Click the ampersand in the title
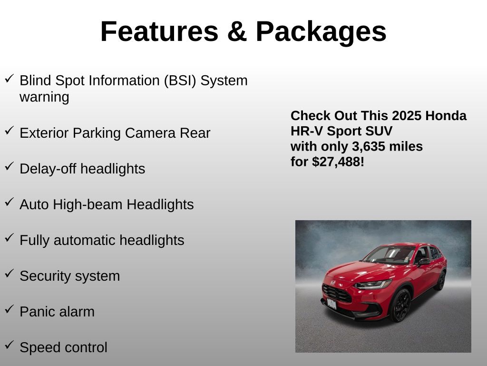pos(237,31)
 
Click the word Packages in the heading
pos(321,32)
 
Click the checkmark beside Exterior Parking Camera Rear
pos(10,131)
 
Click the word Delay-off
pos(48,169)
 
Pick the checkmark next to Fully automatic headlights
pos(10,238)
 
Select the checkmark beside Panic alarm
pos(10,309)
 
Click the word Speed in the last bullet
pos(39,348)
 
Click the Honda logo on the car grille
pos(333,283)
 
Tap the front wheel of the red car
pos(400,305)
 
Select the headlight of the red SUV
pos(373,285)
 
